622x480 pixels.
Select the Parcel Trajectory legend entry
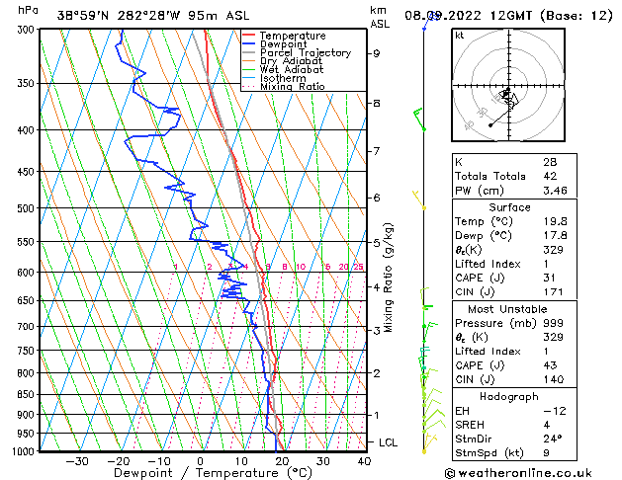click(x=305, y=53)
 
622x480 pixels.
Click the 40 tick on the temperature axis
click(x=364, y=461)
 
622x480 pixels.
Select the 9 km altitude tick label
click(x=376, y=53)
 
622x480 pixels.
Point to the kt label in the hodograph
click(x=459, y=36)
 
